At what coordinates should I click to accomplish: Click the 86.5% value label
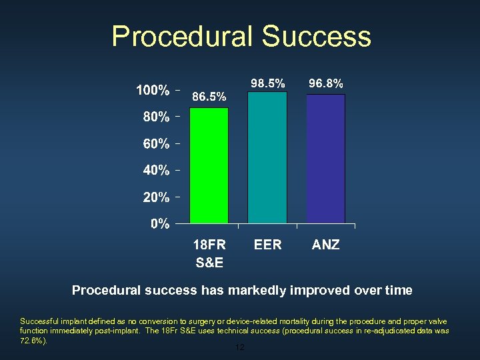coord(209,97)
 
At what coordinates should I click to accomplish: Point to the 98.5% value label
coord(267,83)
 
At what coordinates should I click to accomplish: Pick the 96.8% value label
coord(326,83)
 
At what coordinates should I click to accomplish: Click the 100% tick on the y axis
coord(153,90)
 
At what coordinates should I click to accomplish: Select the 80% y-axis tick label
coord(156,117)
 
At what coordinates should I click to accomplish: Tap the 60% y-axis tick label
coord(156,144)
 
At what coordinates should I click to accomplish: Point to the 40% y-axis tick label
coord(156,171)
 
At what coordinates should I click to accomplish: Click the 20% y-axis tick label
coord(156,198)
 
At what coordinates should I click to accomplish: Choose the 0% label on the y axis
coord(159,224)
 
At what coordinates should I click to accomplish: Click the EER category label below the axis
coord(267,245)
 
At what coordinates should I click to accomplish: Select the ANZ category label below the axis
coord(325,245)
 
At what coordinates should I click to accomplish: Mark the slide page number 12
coord(240,348)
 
